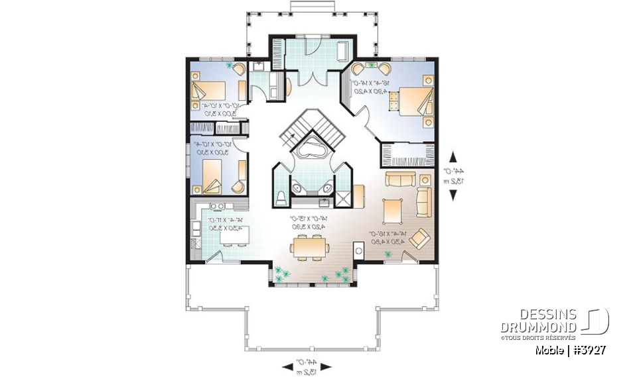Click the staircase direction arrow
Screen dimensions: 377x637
point(290,135)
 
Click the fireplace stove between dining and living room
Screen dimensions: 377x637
point(359,252)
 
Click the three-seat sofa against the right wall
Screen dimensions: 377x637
point(423,201)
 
